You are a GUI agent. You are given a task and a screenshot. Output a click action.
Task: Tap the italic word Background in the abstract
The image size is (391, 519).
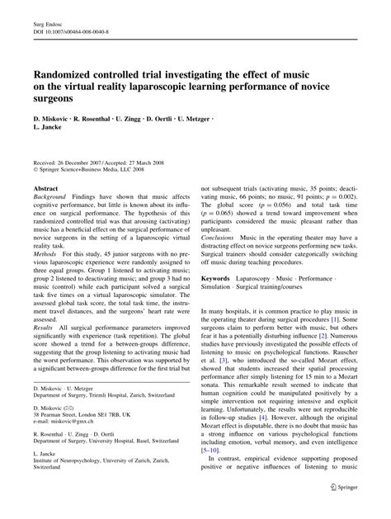tap(52, 200)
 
